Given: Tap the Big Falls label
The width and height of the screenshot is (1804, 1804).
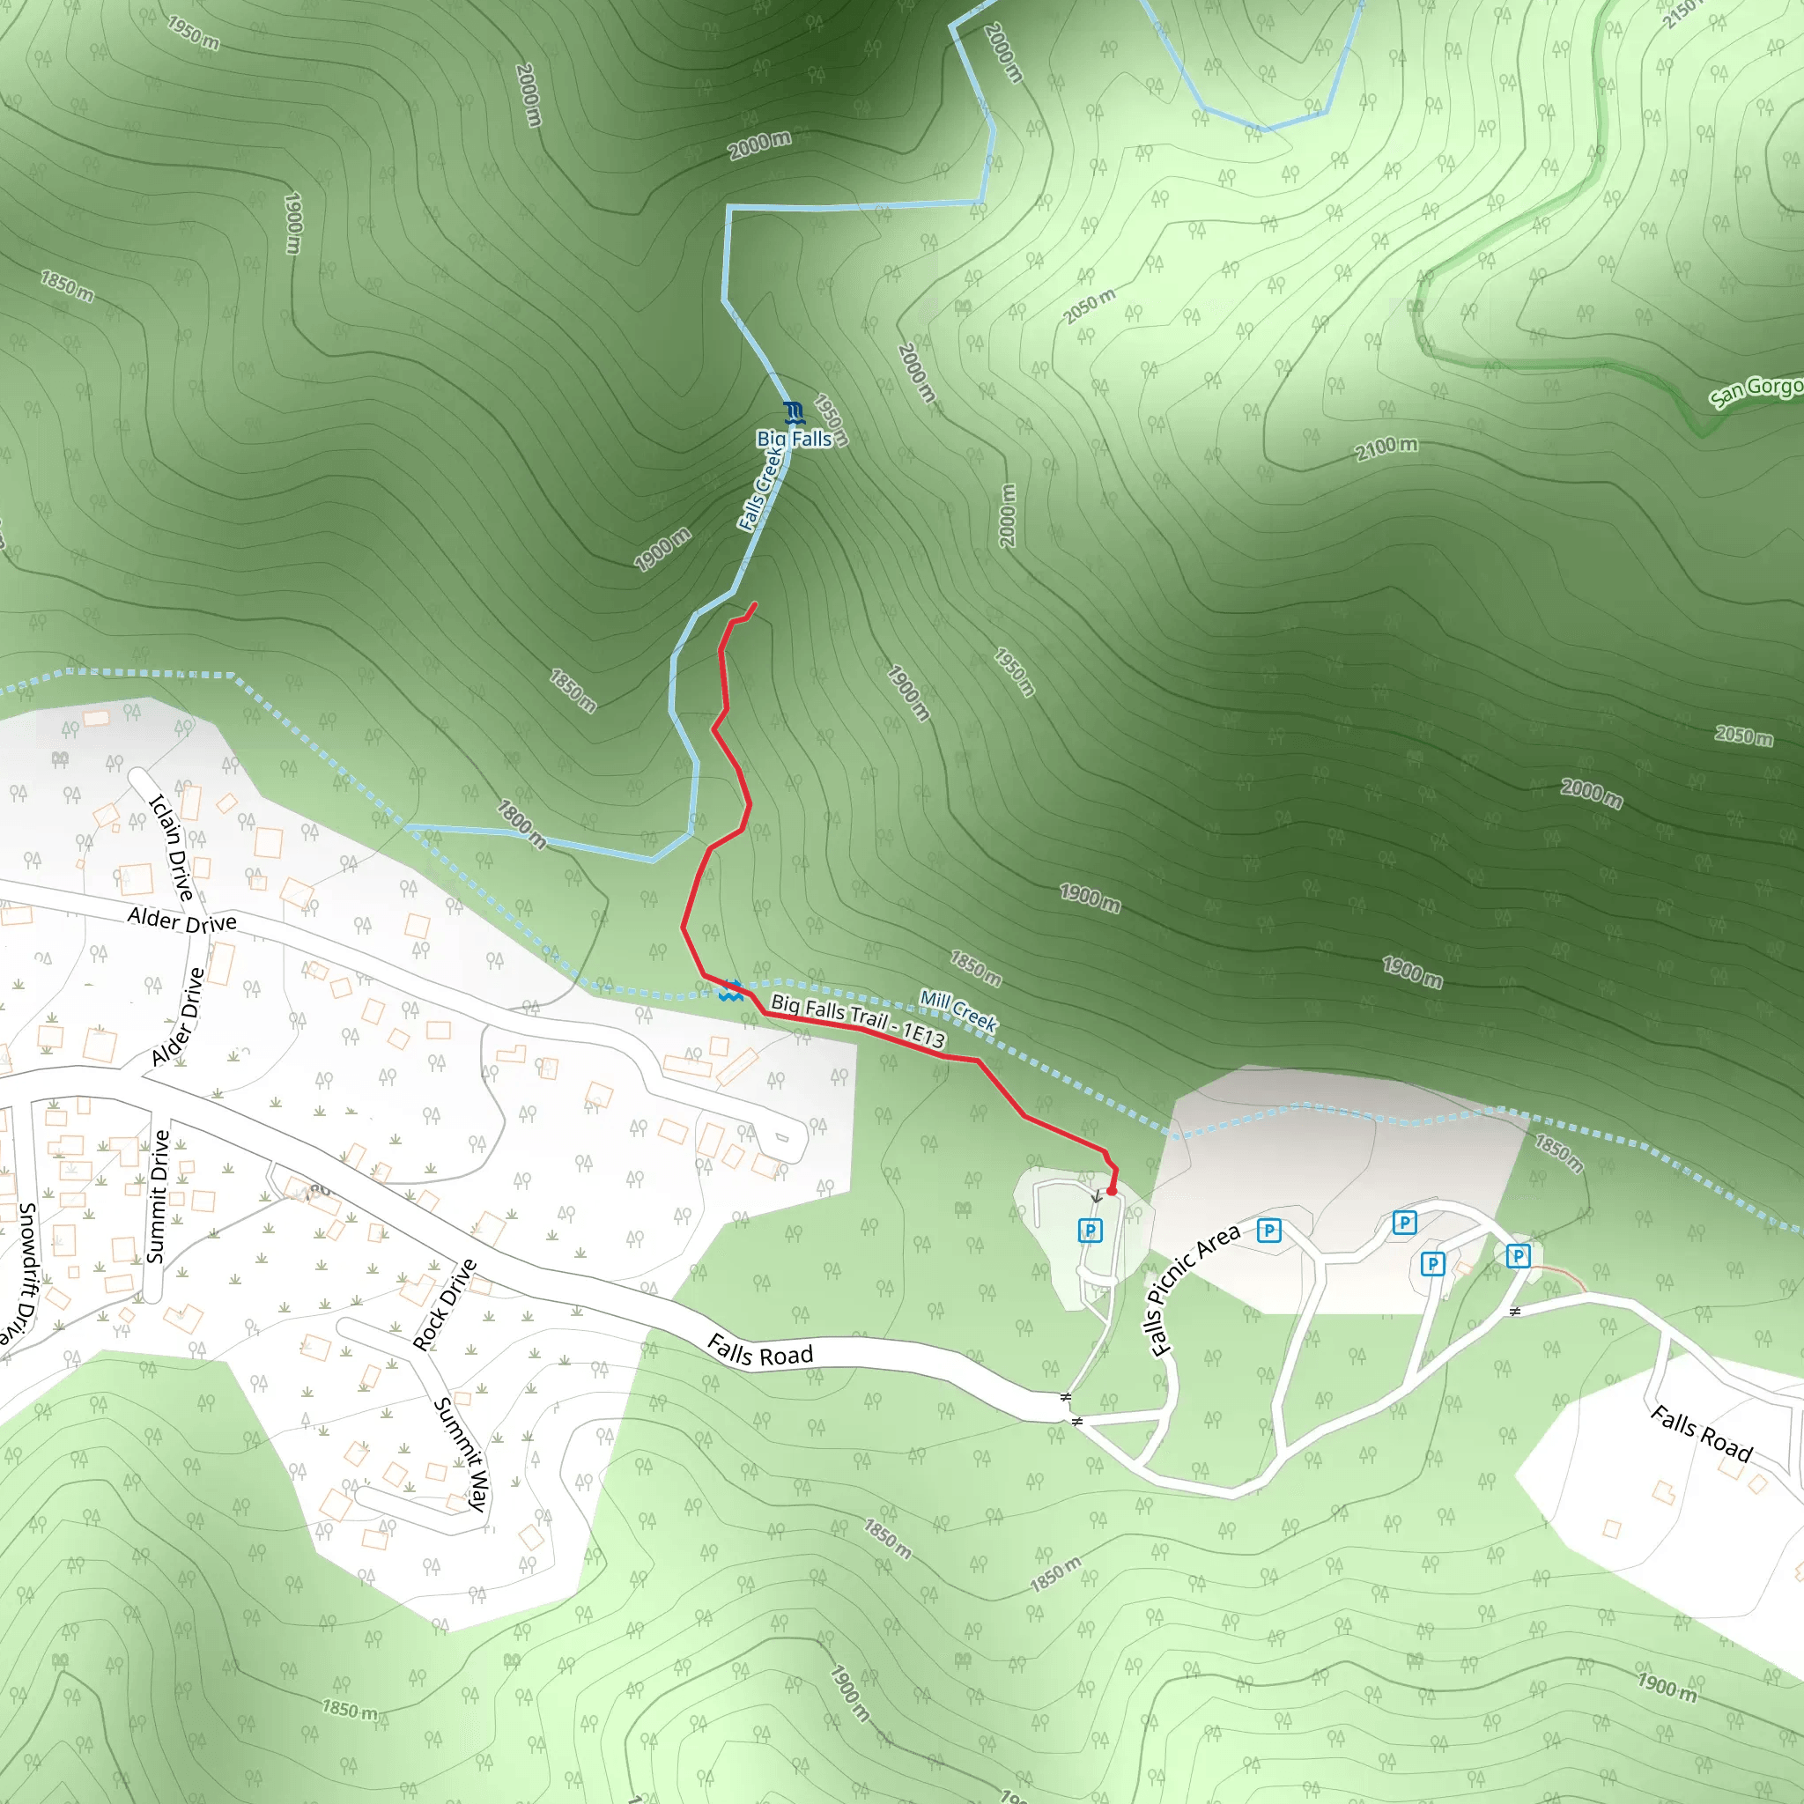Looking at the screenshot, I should (794, 439).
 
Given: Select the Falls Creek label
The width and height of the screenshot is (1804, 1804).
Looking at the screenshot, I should (760, 488).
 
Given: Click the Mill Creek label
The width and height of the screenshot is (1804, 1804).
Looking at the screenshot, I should (958, 1010).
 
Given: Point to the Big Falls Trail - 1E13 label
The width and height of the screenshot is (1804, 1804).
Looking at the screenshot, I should (857, 1021).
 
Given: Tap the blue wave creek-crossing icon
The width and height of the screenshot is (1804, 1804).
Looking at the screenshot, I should (731, 991).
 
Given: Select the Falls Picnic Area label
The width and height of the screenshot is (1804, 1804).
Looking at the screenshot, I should (1194, 1289).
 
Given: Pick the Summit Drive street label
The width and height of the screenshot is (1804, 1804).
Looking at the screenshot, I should (159, 1196).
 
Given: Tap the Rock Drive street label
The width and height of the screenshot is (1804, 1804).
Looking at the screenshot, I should (445, 1305).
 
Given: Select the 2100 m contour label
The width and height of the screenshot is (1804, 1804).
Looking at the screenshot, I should (1386, 449).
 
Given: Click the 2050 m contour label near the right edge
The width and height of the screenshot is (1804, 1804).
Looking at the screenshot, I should (1743, 736).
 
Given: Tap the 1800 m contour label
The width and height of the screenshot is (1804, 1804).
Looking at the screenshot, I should (521, 824).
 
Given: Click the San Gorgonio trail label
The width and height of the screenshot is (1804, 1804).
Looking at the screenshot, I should (1756, 390).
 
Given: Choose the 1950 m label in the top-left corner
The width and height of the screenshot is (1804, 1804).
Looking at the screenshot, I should (193, 33).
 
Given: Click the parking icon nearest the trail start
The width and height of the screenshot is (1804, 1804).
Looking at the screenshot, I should (1090, 1231).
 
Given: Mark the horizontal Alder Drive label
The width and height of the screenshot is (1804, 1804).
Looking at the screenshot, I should (182, 920).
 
